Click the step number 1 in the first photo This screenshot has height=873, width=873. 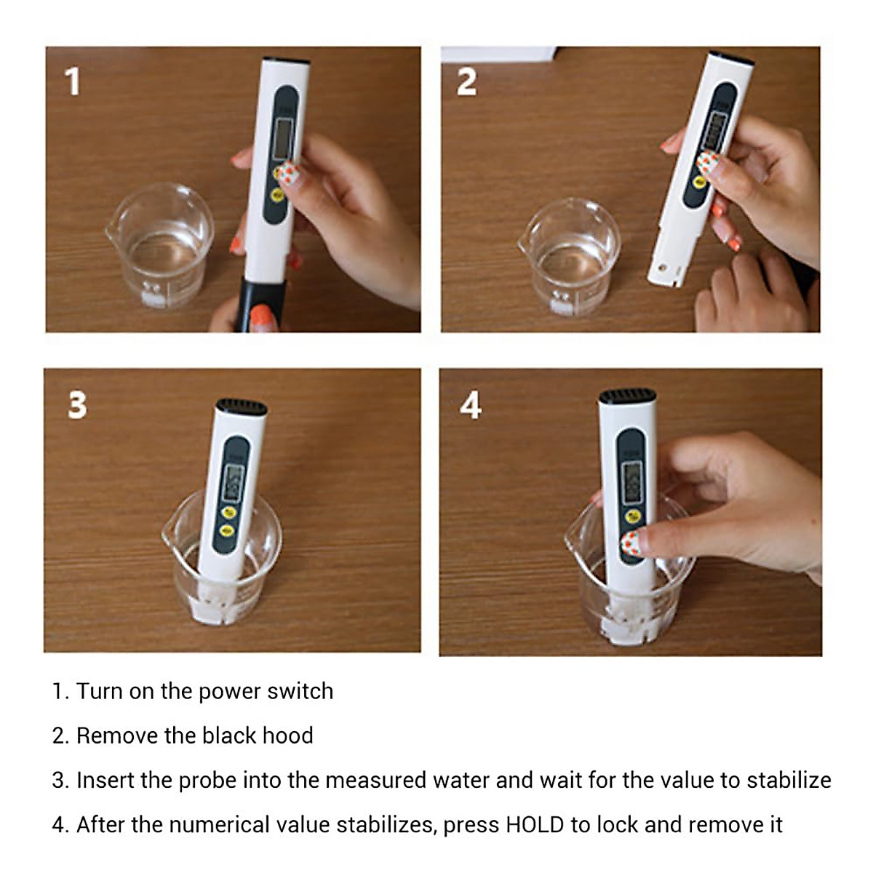[72, 81]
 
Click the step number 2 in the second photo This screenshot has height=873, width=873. [466, 81]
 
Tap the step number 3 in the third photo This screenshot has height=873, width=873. [77, 405]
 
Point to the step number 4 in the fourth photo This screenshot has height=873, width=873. [471, 405]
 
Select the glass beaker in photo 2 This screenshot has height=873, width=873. [570, 255]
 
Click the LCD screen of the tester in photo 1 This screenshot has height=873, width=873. [283, 137]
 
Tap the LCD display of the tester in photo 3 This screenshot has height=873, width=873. [234, 481]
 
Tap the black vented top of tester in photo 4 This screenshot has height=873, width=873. [627, 397]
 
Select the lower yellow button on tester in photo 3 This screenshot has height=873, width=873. [226, 530]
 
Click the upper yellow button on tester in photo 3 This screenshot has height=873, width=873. [228, 512]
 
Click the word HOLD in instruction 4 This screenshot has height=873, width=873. [535, 825]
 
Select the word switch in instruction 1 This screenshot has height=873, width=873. [300, 691]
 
